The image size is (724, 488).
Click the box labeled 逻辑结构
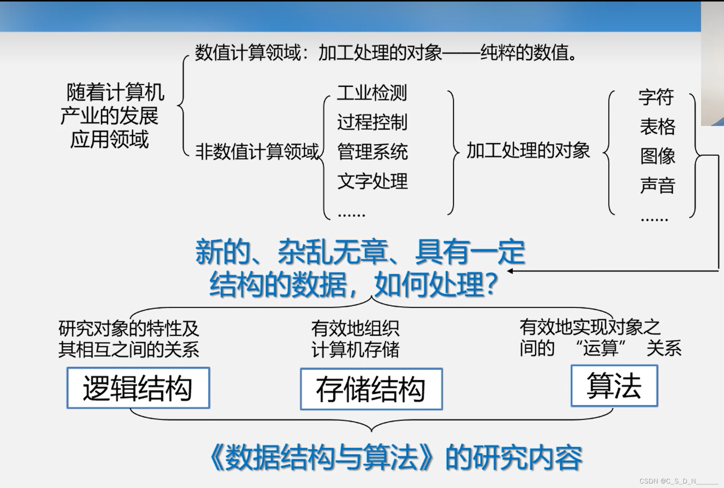click(138, 388)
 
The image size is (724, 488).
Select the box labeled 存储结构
click(371, 389)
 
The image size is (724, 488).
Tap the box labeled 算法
click(614, 386)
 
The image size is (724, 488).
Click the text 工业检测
click(372, 93)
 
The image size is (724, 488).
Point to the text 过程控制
click(372, 122)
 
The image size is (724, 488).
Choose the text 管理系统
click(372, 152)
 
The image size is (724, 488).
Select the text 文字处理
click(372, 181)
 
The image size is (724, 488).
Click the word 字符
click(656, 97)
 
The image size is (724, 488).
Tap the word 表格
click(658, 126)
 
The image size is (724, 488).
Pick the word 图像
click(658, 156)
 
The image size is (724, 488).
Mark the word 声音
click(658, 185)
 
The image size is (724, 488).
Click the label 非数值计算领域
click(257, 152)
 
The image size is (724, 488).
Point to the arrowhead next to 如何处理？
click(510, 271)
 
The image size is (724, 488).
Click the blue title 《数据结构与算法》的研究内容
click(395, 458)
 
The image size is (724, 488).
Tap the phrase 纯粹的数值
click(527, 52)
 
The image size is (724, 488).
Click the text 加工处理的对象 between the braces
click(528, 150)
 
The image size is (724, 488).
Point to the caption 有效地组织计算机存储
click(355, 339)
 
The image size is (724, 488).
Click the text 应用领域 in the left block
click(109, 139)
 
